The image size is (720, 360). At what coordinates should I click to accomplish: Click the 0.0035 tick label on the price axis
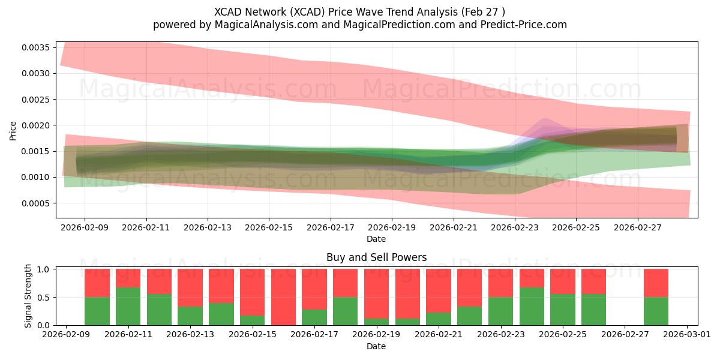pyautogui.click(x=35, y=47)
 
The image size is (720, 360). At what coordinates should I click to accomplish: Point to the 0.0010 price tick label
pyautogui.click(x=35, y=177)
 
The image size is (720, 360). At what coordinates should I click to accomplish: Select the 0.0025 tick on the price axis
pyautogui.click(x=35, y=100)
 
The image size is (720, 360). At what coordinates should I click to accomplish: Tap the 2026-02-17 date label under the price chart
pyautogui.click(x=331, y=227)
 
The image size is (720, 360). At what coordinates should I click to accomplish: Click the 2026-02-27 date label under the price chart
pyautogui.click(x=638, y=227)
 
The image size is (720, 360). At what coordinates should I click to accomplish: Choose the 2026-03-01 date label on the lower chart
pyautogui.click(x=687, y=334)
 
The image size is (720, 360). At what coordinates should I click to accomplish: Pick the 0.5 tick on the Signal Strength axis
pyautogui.click(x=43, y=298)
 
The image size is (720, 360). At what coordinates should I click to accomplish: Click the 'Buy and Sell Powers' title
pyautogui.click(x=376, y=257)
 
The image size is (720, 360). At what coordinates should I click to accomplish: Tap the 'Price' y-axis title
pyautogui.click(x=13, y=131)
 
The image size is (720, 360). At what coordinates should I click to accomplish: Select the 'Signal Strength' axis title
pyautogui.click(x=28, y=296)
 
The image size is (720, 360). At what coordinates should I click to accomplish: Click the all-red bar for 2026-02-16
pyautogui.click(x=283, y=297)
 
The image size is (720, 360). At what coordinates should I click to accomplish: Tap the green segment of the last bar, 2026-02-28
pyautogui.click(x=656, y=311)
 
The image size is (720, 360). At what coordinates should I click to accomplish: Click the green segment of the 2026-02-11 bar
pyautogui.click(x=128, y=307)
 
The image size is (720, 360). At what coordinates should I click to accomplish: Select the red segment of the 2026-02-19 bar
pyautogui.click(x=376, y=294)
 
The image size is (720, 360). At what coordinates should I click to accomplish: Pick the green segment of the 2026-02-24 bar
pyautogui.click(x=532, y=307)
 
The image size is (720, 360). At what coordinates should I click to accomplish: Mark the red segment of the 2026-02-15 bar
pyautogui.click(x=253, y=292)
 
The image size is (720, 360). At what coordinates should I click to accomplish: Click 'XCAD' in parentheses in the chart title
pyautogui.click(x=307, y=12)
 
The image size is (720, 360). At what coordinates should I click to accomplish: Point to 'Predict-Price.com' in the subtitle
pyautogui.click(x=524, y=25)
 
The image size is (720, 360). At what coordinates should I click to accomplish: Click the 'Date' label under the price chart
pyautogui.click(x=376, y=239)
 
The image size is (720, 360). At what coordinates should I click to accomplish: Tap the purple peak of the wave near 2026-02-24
pyautogui.click(x=545, y=119)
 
